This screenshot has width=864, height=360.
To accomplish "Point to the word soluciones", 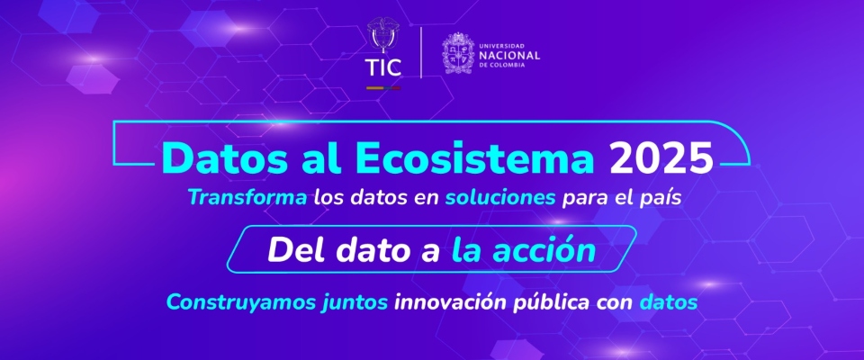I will [x=499, y=197].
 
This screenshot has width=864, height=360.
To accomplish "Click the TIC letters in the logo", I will [x=382, y=68].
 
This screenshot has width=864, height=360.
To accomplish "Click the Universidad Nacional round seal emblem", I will [x=459, y=54].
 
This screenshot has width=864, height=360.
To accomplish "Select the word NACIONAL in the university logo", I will [x=509, y=55].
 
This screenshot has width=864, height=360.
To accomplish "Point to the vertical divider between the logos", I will [x=422, y=52].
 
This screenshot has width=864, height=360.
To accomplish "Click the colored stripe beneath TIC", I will [x=382, y=87].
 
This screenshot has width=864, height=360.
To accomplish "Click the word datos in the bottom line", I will [x=668, y=302].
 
